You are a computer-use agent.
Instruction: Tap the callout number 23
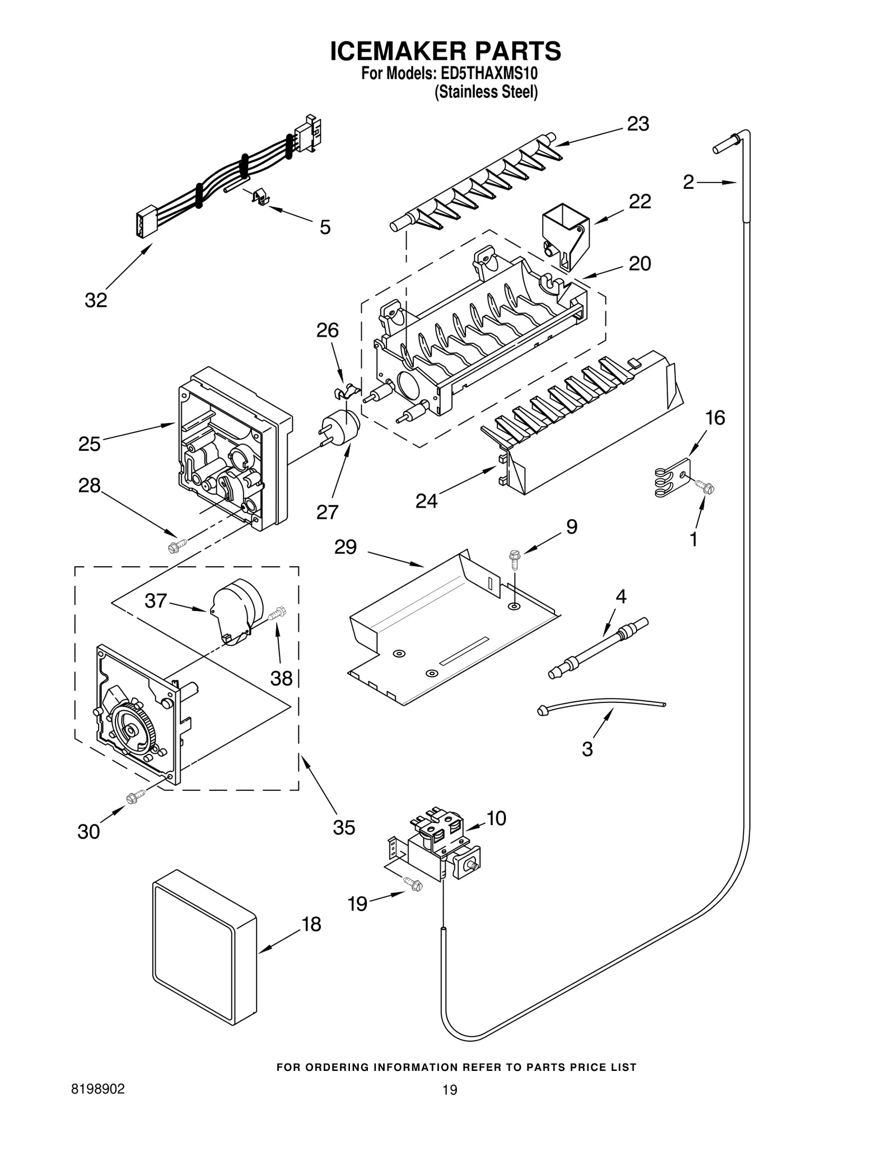[x=637, y=124]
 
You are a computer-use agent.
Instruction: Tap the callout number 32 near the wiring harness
[x=96, y=301]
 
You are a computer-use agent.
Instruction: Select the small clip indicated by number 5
[x=259, y=197]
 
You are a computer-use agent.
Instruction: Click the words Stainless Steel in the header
[x=486, y=92]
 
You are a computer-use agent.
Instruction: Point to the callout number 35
[x=344, y=827]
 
